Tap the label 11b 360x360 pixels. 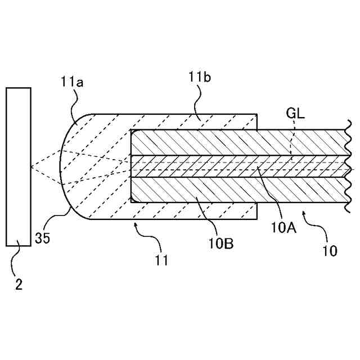click(200, 77)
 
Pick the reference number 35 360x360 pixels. click(42, 237)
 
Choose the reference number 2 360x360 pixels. click(19, 285)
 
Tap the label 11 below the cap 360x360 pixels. click(161, 260)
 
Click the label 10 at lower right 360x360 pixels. click(330, 250)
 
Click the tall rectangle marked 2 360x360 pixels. click(19, 166)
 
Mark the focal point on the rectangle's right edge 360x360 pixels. click(31, 167)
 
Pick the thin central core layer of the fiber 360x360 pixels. click(236, 166)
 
